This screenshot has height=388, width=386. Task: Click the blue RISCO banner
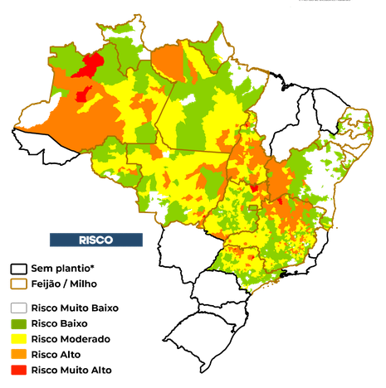click(95, 240)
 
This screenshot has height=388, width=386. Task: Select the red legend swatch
click(18, 369)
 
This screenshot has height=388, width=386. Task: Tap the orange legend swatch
click(18, 354)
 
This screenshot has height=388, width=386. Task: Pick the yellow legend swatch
click(18, 338)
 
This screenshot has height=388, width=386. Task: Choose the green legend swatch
click(18, 323)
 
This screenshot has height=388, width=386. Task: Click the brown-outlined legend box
click(18, 284)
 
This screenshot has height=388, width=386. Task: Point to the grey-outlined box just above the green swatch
click(18, 308)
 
